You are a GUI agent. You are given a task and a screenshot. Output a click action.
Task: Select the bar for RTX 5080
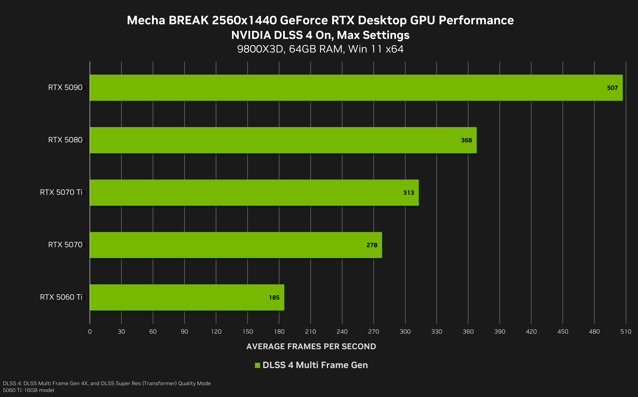(x=283, y=140)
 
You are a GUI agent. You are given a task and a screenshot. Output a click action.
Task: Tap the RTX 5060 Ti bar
(x=187, y=298)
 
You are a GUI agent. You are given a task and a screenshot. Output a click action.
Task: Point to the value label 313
(x=408, y=193)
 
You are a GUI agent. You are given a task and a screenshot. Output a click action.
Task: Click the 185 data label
(x=274, y=298)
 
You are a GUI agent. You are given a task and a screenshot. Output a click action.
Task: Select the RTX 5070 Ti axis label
(x=61, y=192)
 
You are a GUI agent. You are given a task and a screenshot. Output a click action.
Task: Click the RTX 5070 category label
(x=65, y=245)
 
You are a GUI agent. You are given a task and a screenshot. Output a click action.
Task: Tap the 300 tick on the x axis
(x=405, y=332)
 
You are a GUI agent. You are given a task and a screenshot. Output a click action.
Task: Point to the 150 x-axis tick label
(x=247, y=332)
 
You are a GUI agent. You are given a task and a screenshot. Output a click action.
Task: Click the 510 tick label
(x=626, y=332)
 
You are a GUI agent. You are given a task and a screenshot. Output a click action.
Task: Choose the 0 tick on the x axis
(x=90, y=332)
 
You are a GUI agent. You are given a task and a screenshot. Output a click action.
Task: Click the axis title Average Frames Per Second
(x=311, y=347)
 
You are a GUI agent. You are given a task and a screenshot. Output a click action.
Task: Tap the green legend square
(x=257, y=365)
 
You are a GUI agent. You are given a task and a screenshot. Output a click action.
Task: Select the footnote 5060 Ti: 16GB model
(x=28, y=390)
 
